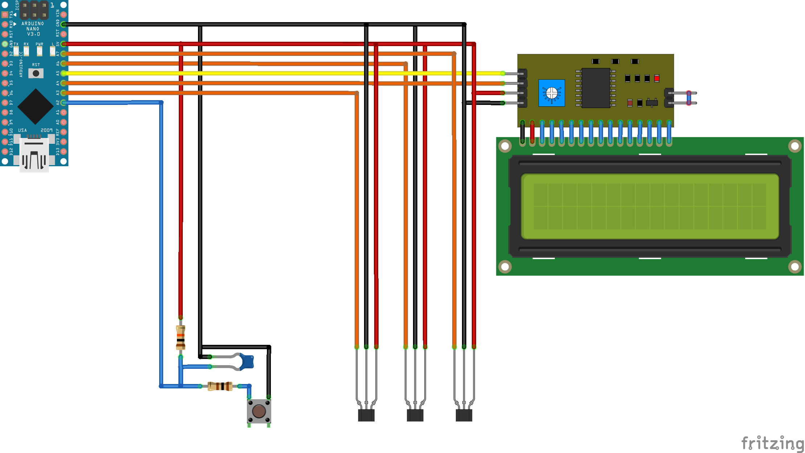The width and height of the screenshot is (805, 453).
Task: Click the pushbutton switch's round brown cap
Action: pyautogui.click(x=259, y=411)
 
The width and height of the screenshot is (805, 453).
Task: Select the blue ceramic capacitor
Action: pyautogui.click(x=247, y=362)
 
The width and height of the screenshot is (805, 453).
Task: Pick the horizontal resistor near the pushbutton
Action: pyautogui.click(x=220, y=386)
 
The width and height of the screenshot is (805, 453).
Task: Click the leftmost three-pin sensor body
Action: pyautogui.click(x=366, y=415)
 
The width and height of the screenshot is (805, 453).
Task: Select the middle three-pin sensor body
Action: pyautogui.click(x=415, y=415)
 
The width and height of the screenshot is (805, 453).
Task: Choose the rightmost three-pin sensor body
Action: pyautogui.click(x=464, y=415)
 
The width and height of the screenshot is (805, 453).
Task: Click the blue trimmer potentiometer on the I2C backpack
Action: pyautogui.click(x=552, y=93)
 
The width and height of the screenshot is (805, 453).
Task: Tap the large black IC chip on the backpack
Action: pyautogui.click(x=596, y=88)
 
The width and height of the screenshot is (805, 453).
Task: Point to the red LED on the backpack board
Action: pyautogui.click(x=657, y=78)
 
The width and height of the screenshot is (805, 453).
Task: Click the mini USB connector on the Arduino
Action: pyautogui.click(x=34, y=154)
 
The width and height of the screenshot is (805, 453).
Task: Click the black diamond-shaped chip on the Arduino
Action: pyautogui.click(x=36, y=106)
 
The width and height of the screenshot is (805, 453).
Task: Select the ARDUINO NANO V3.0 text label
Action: pyautogui.click(x=33, y=29)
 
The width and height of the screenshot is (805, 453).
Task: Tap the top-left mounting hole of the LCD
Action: pyautogui.click(x=505, y=146)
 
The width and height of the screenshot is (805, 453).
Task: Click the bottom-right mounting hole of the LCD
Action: pyautogui.click(x=794, y=267)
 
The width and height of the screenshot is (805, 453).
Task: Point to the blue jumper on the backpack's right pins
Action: pyautogui.click(x=689, y=98)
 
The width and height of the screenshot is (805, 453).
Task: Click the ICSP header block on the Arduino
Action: pyautogui.click(x=34, y=10)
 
